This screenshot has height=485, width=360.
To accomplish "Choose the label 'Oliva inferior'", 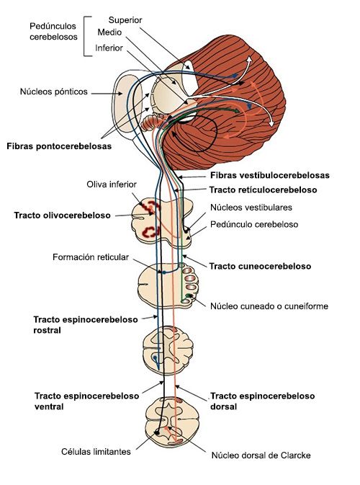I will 111,184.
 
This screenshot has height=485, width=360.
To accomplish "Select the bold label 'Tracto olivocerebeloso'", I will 62,215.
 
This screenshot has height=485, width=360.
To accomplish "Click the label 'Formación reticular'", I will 91,257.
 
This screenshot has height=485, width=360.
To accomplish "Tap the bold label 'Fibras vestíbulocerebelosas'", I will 269,175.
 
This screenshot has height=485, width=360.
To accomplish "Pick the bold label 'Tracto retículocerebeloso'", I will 264,190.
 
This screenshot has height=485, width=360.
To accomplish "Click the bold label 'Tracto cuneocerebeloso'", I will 260,266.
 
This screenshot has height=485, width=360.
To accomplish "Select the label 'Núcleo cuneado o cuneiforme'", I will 269,306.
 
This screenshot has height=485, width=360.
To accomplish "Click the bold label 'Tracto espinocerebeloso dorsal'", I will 262,401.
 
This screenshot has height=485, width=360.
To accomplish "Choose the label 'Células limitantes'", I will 96,451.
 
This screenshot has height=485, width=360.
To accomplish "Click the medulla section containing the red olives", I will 164,220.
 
